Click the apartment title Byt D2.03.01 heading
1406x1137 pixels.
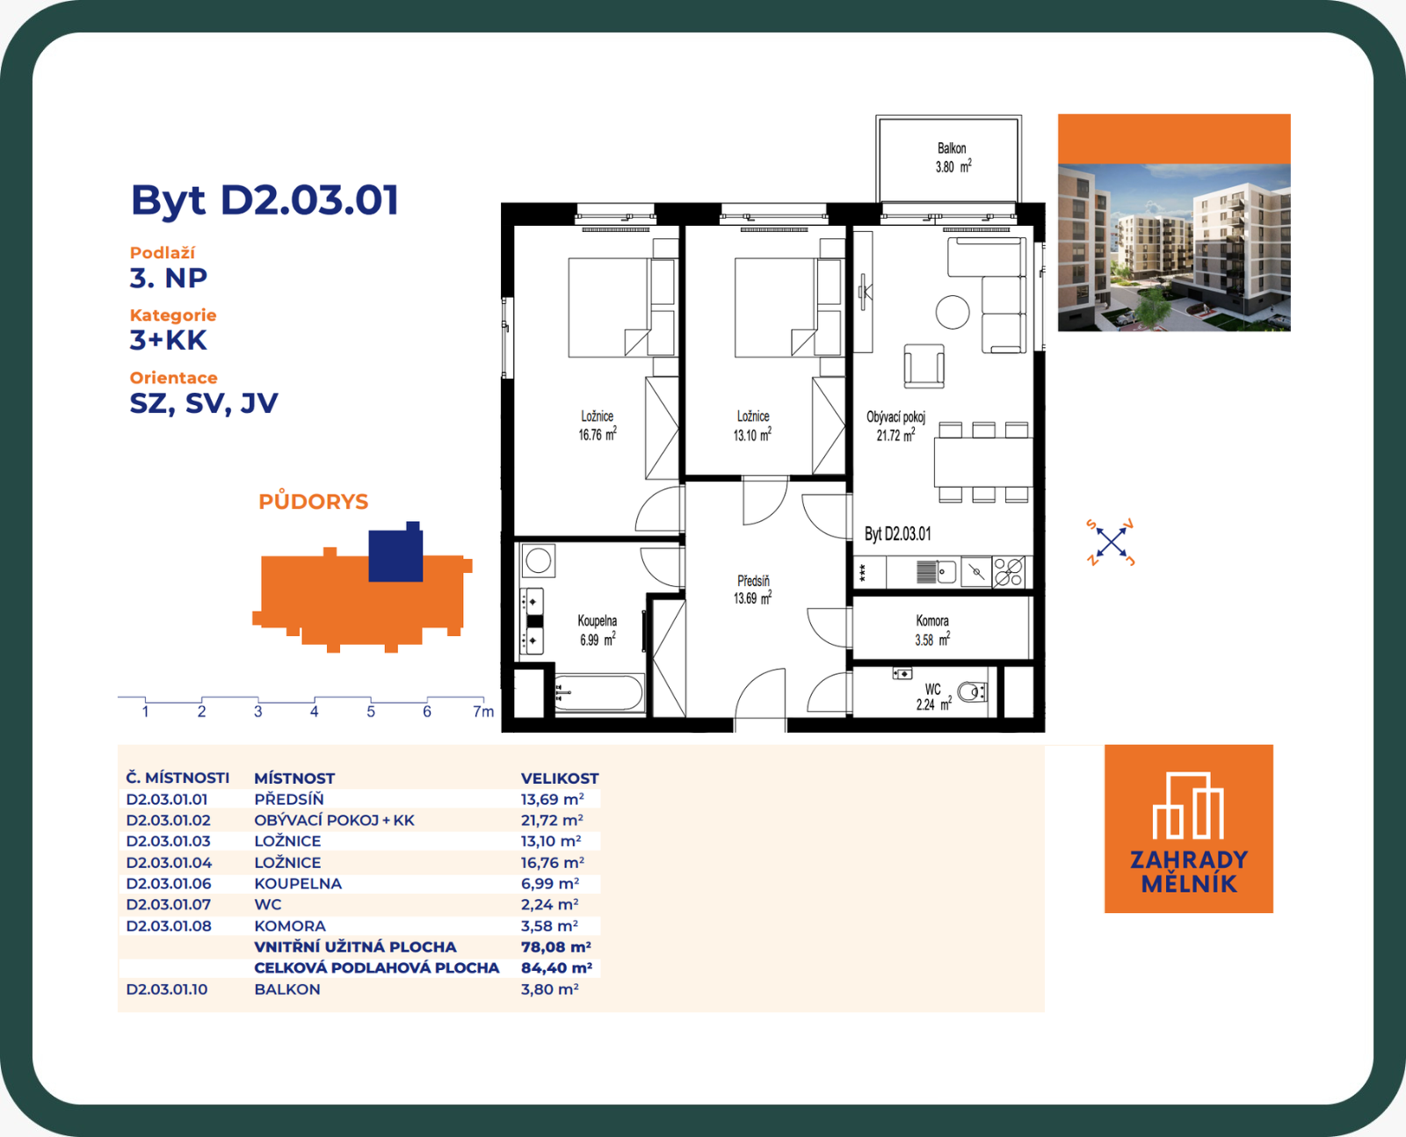[x=265, y=200]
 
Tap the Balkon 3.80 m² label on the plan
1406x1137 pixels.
[x=953, y=157]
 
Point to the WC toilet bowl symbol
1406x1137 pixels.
[x=972, y=692]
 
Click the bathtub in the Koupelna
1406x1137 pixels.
[x=598, y=693]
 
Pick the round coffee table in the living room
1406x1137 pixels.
[x=953, y=311]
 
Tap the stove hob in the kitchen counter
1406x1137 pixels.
[x=1010, y=571]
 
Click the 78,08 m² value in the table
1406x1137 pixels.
[x=555, y=947]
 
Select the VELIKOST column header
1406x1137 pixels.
[x=560, y=779]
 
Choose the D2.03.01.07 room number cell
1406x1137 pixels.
[x=169, y=905]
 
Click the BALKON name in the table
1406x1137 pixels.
[x=287, y=989]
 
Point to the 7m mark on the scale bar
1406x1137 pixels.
[x=483, y=712]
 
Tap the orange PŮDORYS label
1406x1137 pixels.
[x=314, y=501]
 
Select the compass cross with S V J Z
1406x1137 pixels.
[x=1111, y=542]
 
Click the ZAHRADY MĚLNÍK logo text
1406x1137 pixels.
[x=1189, y=872]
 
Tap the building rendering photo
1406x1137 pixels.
[x=1174, y=248]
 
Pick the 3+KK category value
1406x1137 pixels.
[x=169, y=341]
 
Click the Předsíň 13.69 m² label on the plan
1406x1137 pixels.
[x=752, y=590]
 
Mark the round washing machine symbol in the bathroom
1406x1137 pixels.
[x=538, y=561]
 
